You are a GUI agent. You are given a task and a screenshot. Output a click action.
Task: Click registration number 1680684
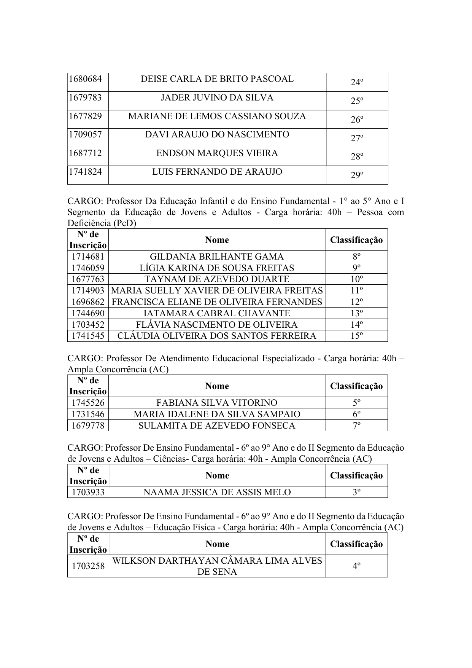[x=85, y=79]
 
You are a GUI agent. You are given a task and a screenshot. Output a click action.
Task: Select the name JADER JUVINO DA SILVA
[x=217, y=98]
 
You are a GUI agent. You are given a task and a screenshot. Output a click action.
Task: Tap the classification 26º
[x=357, y=120]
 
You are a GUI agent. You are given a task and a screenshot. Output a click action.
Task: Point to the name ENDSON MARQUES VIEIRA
[x=217, y=153]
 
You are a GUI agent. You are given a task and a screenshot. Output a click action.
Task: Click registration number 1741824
[x=85, y=172]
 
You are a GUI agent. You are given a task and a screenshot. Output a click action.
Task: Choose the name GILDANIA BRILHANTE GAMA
[x=217, y=257]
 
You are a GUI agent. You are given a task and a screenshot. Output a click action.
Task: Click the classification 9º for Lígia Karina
[x=357, y=268]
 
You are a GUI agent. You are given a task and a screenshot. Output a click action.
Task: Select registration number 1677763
[x=88, y=279]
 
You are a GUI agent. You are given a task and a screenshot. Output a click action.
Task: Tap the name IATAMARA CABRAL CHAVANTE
[x=217, y=313]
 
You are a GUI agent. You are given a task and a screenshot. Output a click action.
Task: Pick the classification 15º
[x=357, y=336]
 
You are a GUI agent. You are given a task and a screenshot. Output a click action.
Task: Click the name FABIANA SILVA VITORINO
[x=217, y=403]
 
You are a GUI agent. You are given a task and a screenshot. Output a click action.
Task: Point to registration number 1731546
[x=88, y=414]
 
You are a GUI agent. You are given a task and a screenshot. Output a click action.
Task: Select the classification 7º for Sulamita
[x=357, y=425]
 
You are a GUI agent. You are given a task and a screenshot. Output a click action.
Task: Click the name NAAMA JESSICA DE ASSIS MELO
[x=217, y=492]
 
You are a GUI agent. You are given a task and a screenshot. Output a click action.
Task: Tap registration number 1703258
[x=88, y=566]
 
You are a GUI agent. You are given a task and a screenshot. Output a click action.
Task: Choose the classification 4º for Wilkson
[x=357, y=566]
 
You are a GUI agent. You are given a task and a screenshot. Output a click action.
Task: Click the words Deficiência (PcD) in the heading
[x=102, y=223]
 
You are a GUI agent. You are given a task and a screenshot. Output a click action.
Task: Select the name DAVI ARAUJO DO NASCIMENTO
[x=217, y=135]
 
